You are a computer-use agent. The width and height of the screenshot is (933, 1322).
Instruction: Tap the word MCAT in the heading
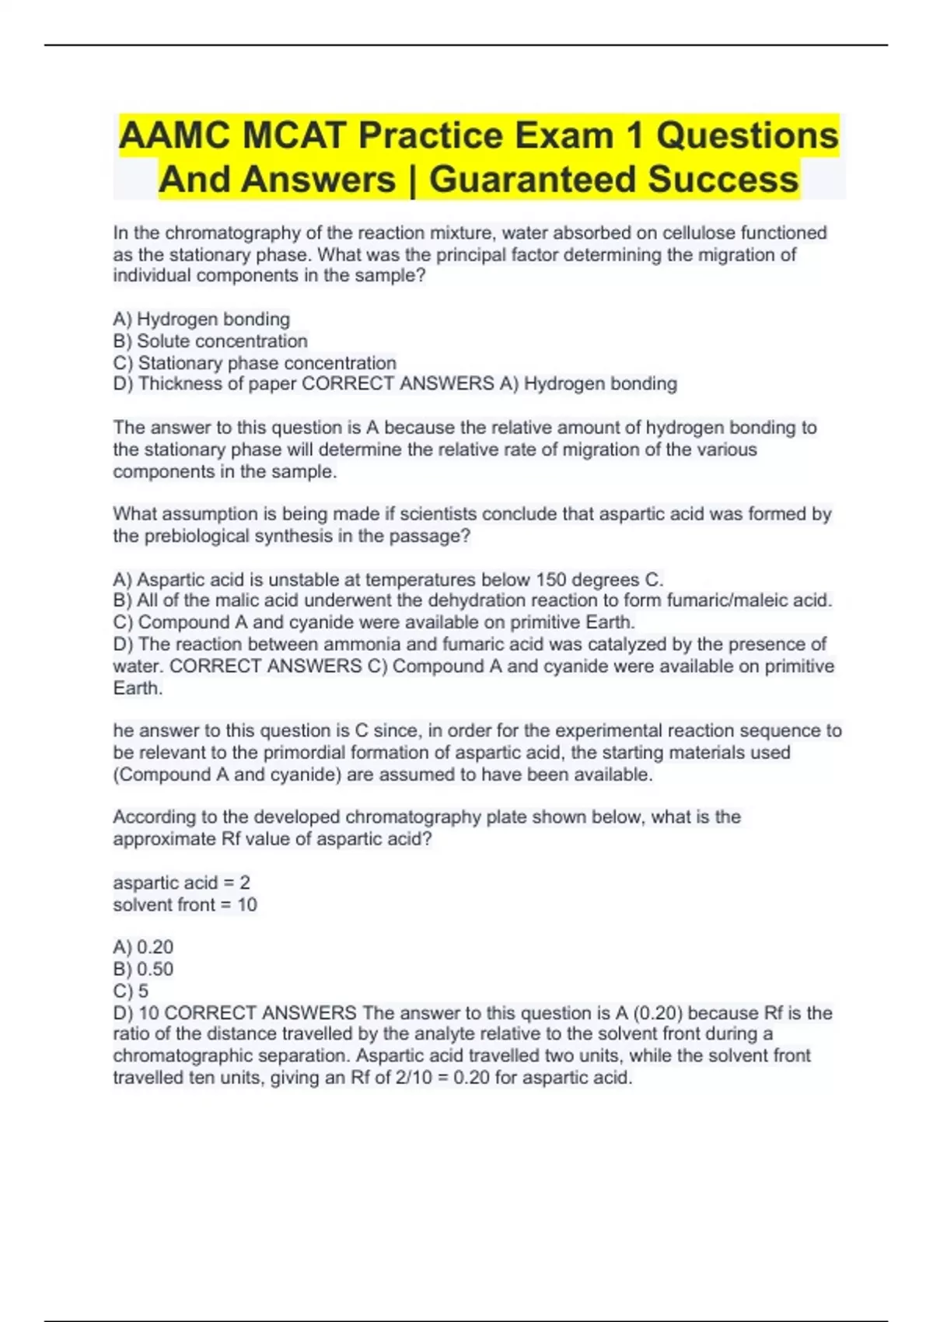pyautogui.click(x=293, y=136)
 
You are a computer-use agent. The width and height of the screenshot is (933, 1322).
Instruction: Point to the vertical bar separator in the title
pyautogui.click(x=412, y=180)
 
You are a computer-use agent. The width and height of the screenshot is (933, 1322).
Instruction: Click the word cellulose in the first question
pyautogui.click(x=698, y=233)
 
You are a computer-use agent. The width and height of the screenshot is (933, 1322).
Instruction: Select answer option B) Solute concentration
pyautogui.click(x=210, y=341)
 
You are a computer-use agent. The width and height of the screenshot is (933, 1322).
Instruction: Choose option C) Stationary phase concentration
pyautogui.click(x=254, y=362)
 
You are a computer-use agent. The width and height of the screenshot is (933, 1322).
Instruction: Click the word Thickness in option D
pyautogui.click(x=176, y=383)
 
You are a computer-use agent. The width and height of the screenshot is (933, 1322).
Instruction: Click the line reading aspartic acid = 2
pyautogui.click(x=181, y=883)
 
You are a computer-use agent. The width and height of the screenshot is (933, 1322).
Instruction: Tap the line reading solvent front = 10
pyautogui.click(x=184, y=904)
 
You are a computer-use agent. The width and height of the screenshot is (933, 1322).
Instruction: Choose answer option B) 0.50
pyautogui.click(x=143, y=969)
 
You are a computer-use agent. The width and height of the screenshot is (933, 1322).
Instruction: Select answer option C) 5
pyautogui.click(x=131, y=991)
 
